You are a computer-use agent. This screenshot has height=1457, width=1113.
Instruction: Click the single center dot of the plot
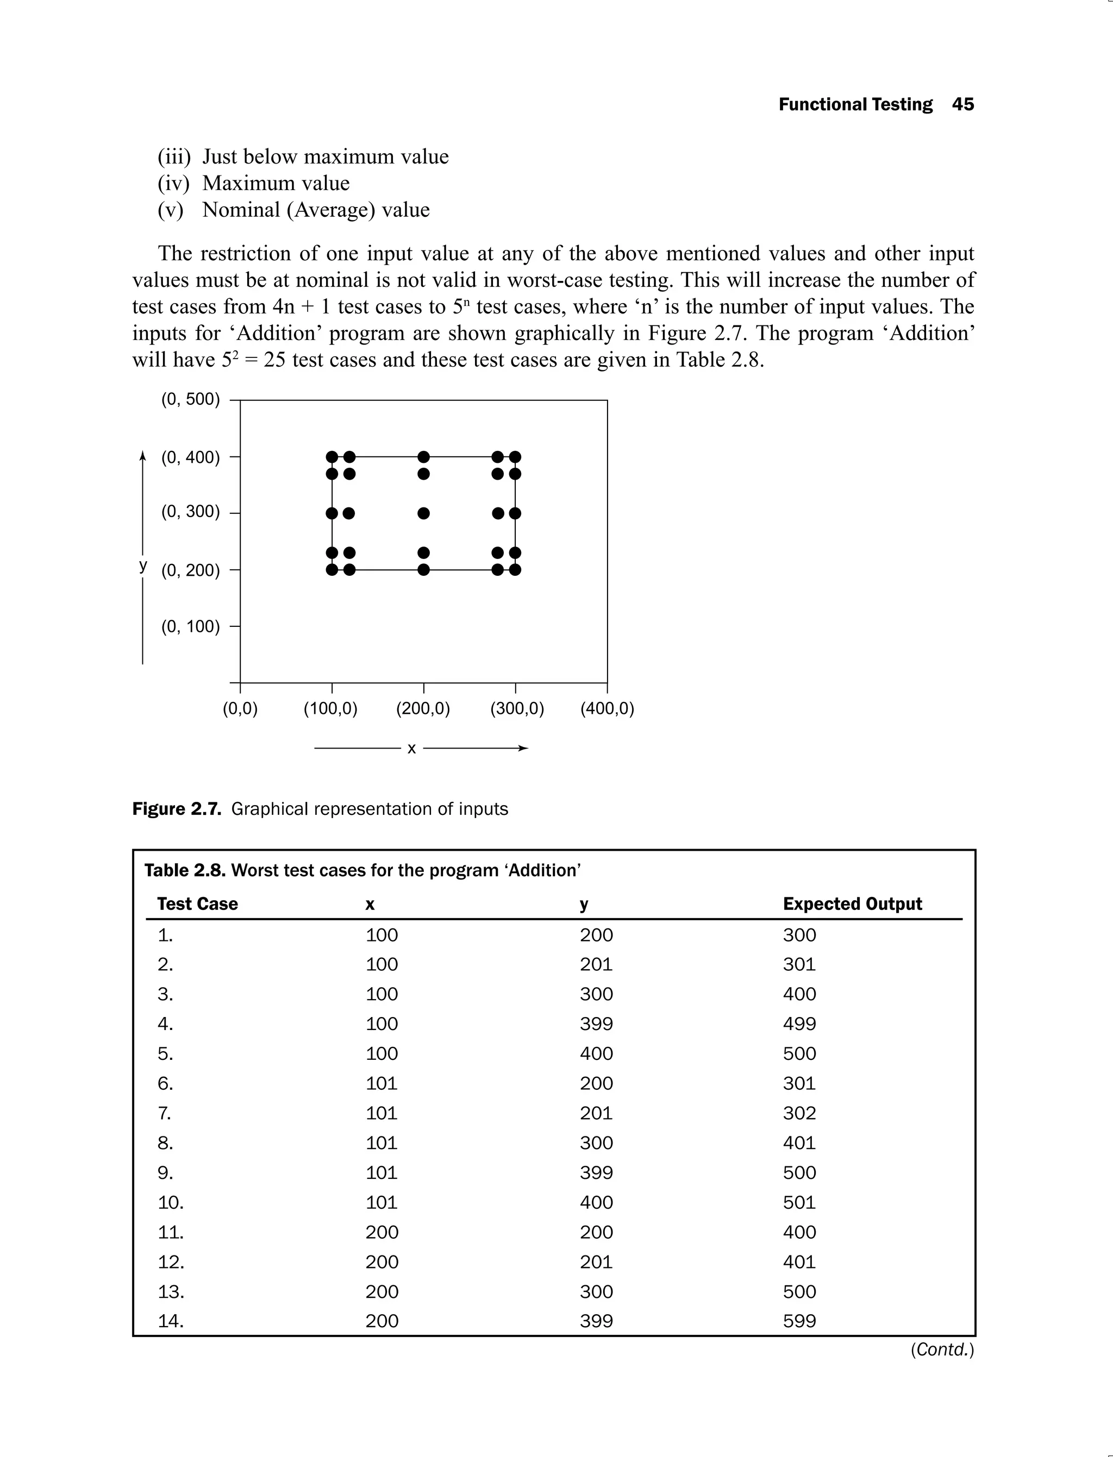tap(424, 513)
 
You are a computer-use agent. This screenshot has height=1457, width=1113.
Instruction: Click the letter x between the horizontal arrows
tap(411, 749)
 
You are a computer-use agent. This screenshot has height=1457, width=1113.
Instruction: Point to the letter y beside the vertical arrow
tap(143, 565)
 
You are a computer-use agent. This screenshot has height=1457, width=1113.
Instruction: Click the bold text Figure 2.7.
tap(176, 809)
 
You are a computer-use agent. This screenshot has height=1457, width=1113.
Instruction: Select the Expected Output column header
tap(852, 904)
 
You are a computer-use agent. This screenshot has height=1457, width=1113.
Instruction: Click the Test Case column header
tap(197, 904)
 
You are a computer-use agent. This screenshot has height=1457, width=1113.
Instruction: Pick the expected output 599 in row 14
tap(799, 1321)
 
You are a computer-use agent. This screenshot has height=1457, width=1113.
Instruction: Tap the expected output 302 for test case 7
tap(799, 1113)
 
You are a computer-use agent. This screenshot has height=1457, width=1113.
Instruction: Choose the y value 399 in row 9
tap(596, 1172)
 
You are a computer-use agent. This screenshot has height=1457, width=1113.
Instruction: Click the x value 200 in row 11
tap(382, 1232)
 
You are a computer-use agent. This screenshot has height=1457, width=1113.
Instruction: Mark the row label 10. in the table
tap(170, 1202)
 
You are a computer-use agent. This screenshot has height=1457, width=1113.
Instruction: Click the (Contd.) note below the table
tap(942, 1350)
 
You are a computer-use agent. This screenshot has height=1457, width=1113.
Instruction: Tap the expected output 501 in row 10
tap(799, 1202)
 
